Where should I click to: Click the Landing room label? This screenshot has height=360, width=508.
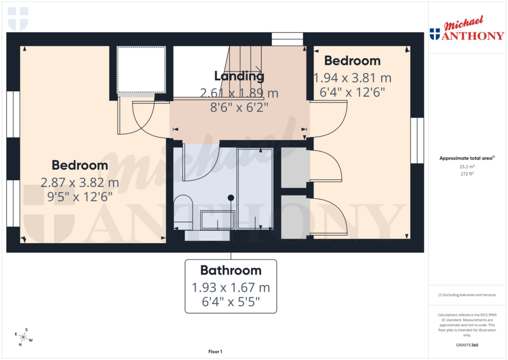239,76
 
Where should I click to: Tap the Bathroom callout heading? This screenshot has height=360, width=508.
231,271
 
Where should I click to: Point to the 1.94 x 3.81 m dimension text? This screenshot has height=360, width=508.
353,78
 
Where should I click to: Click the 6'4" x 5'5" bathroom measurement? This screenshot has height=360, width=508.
231,301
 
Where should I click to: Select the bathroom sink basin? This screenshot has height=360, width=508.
217,219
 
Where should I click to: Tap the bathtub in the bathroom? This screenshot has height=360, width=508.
255,189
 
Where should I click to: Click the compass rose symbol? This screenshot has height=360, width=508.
23,338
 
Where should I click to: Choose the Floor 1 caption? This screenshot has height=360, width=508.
215,352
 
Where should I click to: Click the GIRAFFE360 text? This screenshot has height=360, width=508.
467,345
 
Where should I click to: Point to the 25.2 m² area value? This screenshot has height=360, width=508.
466,167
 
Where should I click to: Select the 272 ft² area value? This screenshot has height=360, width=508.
466,174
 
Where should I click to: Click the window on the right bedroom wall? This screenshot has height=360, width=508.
417,141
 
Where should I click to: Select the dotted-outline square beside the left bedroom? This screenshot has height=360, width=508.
141,70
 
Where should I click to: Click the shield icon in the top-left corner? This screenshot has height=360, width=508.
18,18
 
